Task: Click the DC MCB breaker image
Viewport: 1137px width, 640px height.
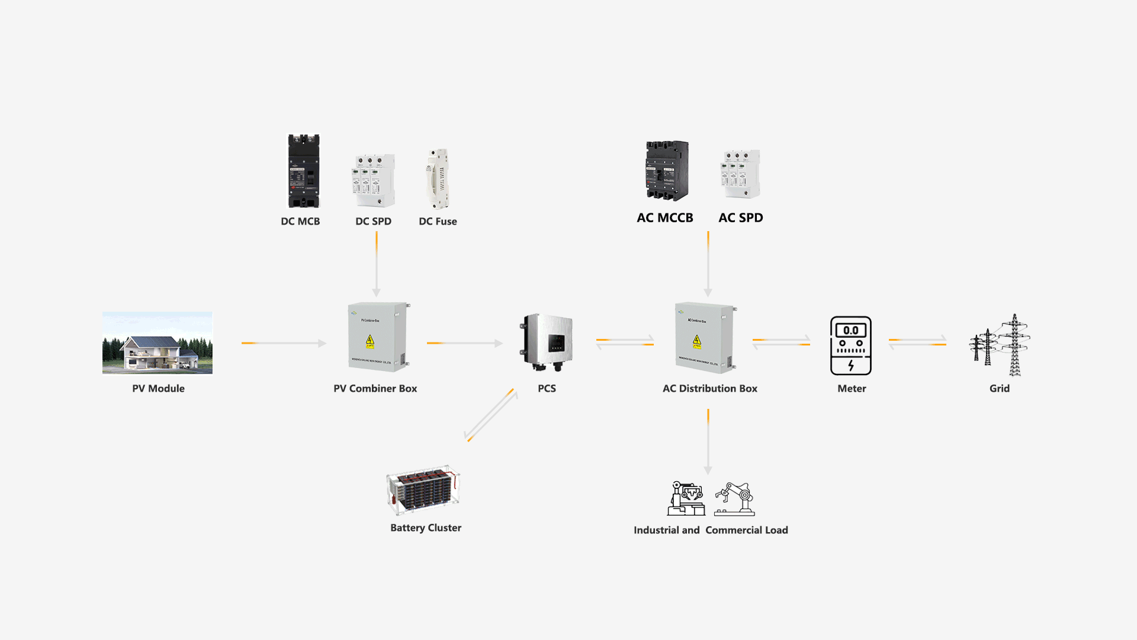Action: pos(304,171)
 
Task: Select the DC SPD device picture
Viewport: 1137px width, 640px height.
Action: pos(374,180)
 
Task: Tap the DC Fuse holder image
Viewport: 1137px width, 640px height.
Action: pos(438,178)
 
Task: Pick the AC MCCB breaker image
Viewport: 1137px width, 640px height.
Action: pos(667,171)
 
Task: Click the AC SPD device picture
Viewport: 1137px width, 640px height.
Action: pos(740,174)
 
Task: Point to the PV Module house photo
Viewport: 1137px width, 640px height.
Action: pos(158,343)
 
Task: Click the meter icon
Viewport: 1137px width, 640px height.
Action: pos(851,345)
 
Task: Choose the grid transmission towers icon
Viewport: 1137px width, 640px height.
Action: pos(1000,345)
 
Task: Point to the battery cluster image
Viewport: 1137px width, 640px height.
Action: pos(423,489)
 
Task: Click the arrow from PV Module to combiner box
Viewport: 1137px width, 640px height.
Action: pos(284,343)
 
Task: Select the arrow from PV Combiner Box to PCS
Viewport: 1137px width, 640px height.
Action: pos(464,343)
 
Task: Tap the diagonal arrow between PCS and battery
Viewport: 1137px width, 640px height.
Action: pos(491,415)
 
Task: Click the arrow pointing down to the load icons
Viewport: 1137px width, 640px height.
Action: pos(708,441)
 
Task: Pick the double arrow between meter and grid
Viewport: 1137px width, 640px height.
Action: pos(917,342)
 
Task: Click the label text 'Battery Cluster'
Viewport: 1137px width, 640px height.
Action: pos(426,527)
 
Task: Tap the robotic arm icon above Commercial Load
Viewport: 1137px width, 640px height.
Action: pos(735,499)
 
